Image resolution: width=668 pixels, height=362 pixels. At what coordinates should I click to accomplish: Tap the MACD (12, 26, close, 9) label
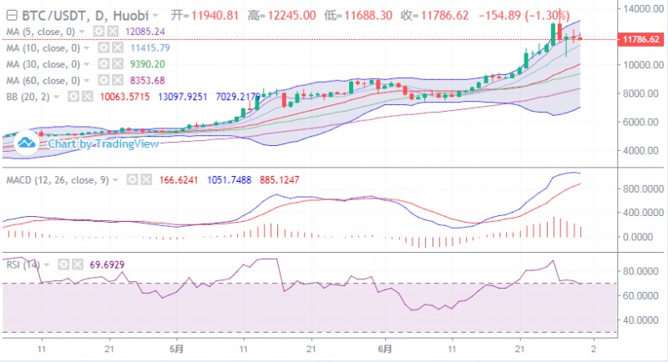[x=64, y=178]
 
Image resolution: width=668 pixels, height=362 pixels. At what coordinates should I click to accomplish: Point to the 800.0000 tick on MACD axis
[x=640, y=189]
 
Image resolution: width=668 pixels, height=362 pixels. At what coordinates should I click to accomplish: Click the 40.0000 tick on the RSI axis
[x=638, y=320]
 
